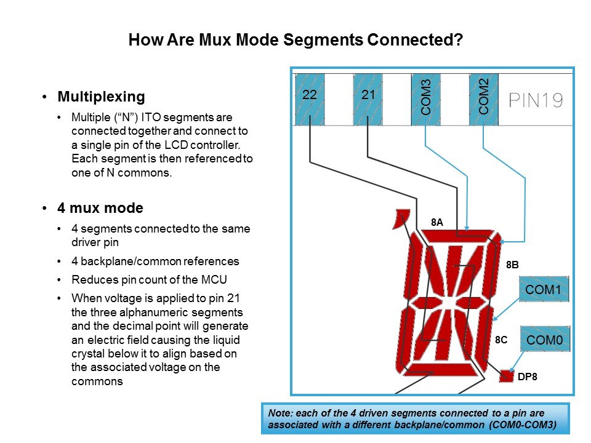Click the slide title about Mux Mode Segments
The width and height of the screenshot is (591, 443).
[295, 41]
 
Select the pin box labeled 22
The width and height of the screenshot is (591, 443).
[309, 99]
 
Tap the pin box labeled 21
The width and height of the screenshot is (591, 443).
[368, 99]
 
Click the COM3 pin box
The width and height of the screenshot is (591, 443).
[425, 99]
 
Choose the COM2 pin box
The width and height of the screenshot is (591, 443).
[483, 99]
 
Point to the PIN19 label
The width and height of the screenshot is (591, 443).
[536, 100]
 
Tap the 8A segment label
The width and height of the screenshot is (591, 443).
[436, 223]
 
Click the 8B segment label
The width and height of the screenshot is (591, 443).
[512, 265]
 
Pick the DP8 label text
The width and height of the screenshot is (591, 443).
[528, 377]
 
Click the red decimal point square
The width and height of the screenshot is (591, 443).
[506, 376]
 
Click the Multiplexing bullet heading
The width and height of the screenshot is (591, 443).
[101, 97]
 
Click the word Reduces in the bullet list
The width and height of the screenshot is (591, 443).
[91, 279]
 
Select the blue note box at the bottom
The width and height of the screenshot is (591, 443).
[415, 418]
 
